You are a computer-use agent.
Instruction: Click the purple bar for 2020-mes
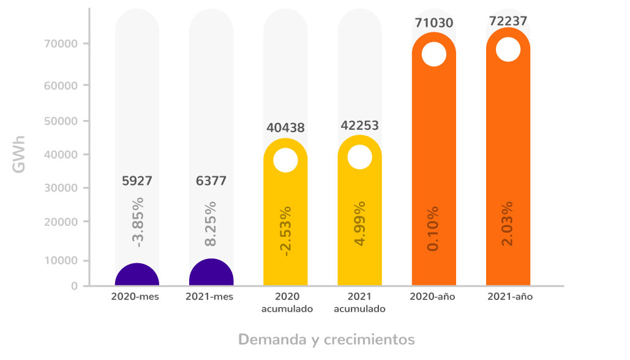click(137, 276)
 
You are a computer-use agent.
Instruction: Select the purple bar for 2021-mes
click(211, 274)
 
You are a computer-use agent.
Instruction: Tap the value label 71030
click(433, 23)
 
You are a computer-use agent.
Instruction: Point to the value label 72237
click(508, 21)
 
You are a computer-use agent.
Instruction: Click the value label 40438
click(285, 128)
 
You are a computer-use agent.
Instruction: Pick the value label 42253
click(359, 126)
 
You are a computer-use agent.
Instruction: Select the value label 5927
click(137, 181)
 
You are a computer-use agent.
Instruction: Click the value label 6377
click(211, 181)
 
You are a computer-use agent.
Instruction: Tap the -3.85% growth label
click(138, 222)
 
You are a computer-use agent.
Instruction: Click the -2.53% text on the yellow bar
click(286, 231)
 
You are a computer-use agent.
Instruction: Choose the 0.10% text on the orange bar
click(434, 229)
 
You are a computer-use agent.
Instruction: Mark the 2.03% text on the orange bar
click(508, 223)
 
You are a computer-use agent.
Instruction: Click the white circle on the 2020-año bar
click(433, 54)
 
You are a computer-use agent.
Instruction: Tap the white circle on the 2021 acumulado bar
click(359, 157)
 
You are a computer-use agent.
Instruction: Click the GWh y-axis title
click(20, 154)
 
